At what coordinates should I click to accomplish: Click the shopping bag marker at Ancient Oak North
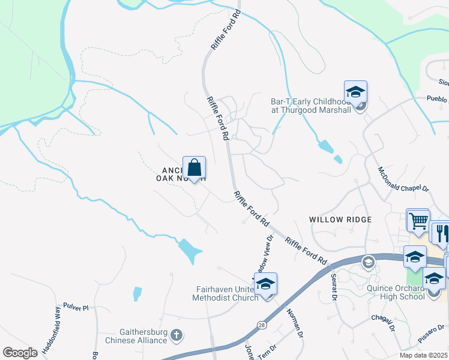[x=194, y=169]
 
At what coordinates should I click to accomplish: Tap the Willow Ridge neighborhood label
[x=340, y=220]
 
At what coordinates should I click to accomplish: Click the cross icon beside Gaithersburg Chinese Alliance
[x=176, y=334]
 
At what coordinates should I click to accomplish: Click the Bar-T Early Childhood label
[x=311, y=106]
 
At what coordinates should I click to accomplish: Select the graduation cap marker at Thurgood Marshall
[x=355, y=93]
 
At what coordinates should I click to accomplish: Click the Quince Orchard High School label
[x=396, y=292]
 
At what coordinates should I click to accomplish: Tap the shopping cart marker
[x=417, y=220]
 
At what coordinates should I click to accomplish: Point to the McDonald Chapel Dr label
[x=403, y=179]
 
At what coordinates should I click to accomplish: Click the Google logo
[x=20, y=353]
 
